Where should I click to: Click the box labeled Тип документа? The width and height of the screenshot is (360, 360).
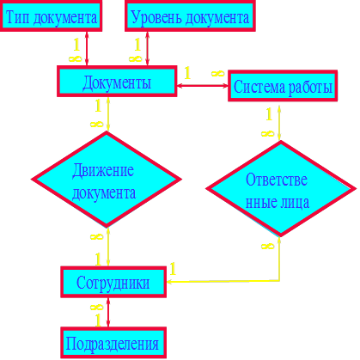click(x=51, y=15)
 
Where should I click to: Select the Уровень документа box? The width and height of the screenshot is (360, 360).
click(x=190, y=15)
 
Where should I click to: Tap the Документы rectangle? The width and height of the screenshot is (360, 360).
click(x=117, y=82)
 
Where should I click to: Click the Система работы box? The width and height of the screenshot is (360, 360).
click(x=283, y=86)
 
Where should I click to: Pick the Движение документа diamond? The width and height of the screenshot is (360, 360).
click(x=107, y=180)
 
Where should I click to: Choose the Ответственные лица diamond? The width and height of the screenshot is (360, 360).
click(x=281, y=189)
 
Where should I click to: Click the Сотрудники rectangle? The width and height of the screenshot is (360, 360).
click(x=113, y=282)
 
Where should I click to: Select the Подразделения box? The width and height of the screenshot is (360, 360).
click(x=113, y=343)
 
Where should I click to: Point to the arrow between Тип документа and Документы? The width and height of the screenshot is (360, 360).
click(x=87, y=48)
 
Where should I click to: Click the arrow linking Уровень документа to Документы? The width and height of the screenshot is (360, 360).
click(x=147, y=48)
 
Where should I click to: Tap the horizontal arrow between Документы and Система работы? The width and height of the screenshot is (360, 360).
click(x=203, y=85)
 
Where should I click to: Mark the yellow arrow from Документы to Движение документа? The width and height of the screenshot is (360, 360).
click(x=108, y=114)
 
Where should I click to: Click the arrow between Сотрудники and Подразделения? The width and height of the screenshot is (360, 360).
click(x=108, y=312)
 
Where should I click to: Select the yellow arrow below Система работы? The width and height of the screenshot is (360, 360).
click(x=279, y=123)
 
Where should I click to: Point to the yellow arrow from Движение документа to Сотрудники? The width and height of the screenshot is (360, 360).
click(x=108, y=247)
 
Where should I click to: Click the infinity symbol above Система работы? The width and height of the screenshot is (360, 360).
click(x=217, y=73)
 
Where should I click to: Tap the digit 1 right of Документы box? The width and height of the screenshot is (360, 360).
click(x=187, y=73)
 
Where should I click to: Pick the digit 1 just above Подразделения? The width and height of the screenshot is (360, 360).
click(x=98, y=320)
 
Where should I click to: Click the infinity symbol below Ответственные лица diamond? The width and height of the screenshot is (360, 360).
click(x=267, y=246)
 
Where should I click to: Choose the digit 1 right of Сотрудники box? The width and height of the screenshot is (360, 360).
click(x=173, y=269)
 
